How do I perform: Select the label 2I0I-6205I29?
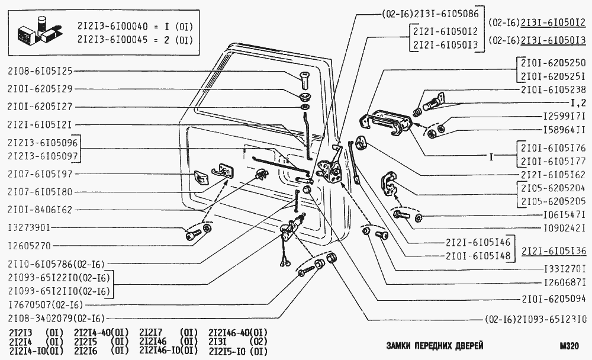(40, 89)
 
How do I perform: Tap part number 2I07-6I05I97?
(40, 174)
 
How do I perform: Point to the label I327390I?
(30, 227)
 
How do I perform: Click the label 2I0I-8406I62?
(40, 210)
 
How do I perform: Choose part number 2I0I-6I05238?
(554, 90)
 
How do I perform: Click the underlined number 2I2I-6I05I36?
(554, 250)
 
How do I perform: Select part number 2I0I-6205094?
(554, 300)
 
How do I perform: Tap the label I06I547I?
(564, 214)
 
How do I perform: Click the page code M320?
(570, 346)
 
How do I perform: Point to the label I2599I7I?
(564, 116)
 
